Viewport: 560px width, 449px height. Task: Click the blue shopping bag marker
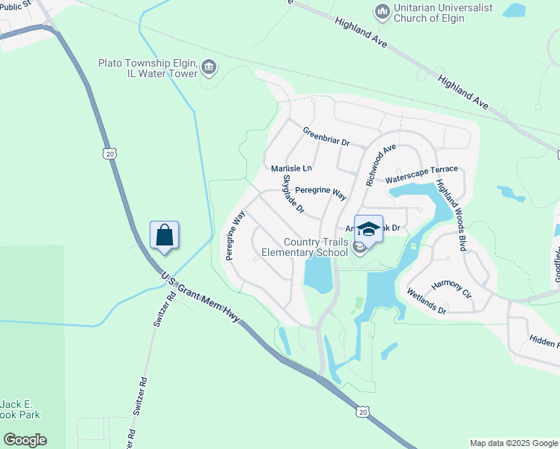[x=165, y=236]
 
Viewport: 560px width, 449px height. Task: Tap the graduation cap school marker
[x=368, y=229]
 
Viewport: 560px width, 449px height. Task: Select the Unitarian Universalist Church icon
[x=383, y=10]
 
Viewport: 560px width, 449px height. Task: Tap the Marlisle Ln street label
[x=291, y=168]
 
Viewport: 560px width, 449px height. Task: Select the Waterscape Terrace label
[x=421, y=175]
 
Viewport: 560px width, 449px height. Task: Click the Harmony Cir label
[x=451, y=291]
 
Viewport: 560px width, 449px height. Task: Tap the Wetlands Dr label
[x=426, y=300]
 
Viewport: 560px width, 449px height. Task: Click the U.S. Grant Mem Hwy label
[x=201, y=298]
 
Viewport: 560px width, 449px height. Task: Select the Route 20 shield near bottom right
[x=362, y=412]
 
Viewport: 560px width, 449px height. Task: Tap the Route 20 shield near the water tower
[x=110, y=153]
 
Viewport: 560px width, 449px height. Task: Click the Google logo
[x=25, y=440]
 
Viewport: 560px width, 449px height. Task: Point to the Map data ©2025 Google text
[x=514, y=443]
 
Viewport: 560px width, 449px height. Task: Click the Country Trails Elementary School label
[x=315, y=247]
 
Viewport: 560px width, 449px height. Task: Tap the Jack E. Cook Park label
[x=20, y=409]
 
